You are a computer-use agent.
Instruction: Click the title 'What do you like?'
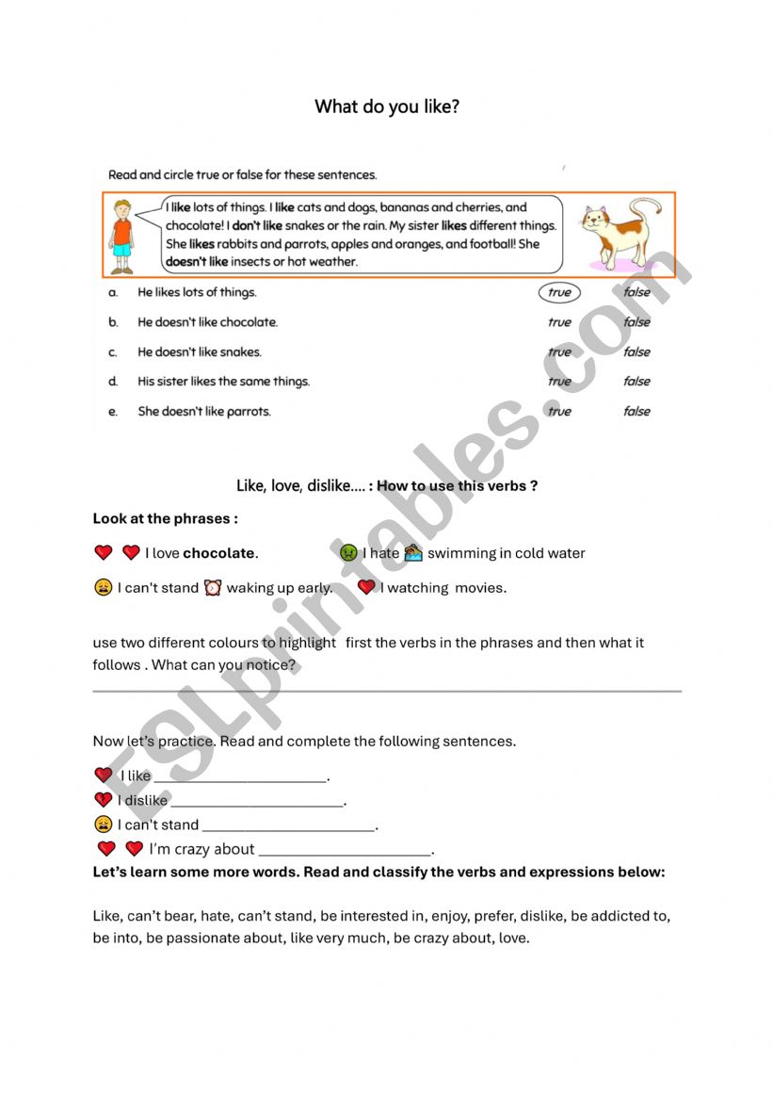[387, 106]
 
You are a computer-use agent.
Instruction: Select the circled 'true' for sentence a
[559, 292]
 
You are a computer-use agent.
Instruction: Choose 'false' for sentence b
[636, 322]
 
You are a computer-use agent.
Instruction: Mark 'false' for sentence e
[636, 411]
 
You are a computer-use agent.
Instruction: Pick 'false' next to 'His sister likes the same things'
[636, 382]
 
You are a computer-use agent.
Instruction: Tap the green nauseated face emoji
[348, 553]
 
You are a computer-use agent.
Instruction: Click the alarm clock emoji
[213, 588]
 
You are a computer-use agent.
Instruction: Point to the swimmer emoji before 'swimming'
[413, 553]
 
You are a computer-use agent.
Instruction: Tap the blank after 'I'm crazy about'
[345, 852]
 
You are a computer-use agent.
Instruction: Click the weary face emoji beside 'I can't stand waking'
[103, 588]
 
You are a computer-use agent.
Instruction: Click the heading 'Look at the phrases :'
[166, 519]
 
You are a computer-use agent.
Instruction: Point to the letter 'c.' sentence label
[113, 352]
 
